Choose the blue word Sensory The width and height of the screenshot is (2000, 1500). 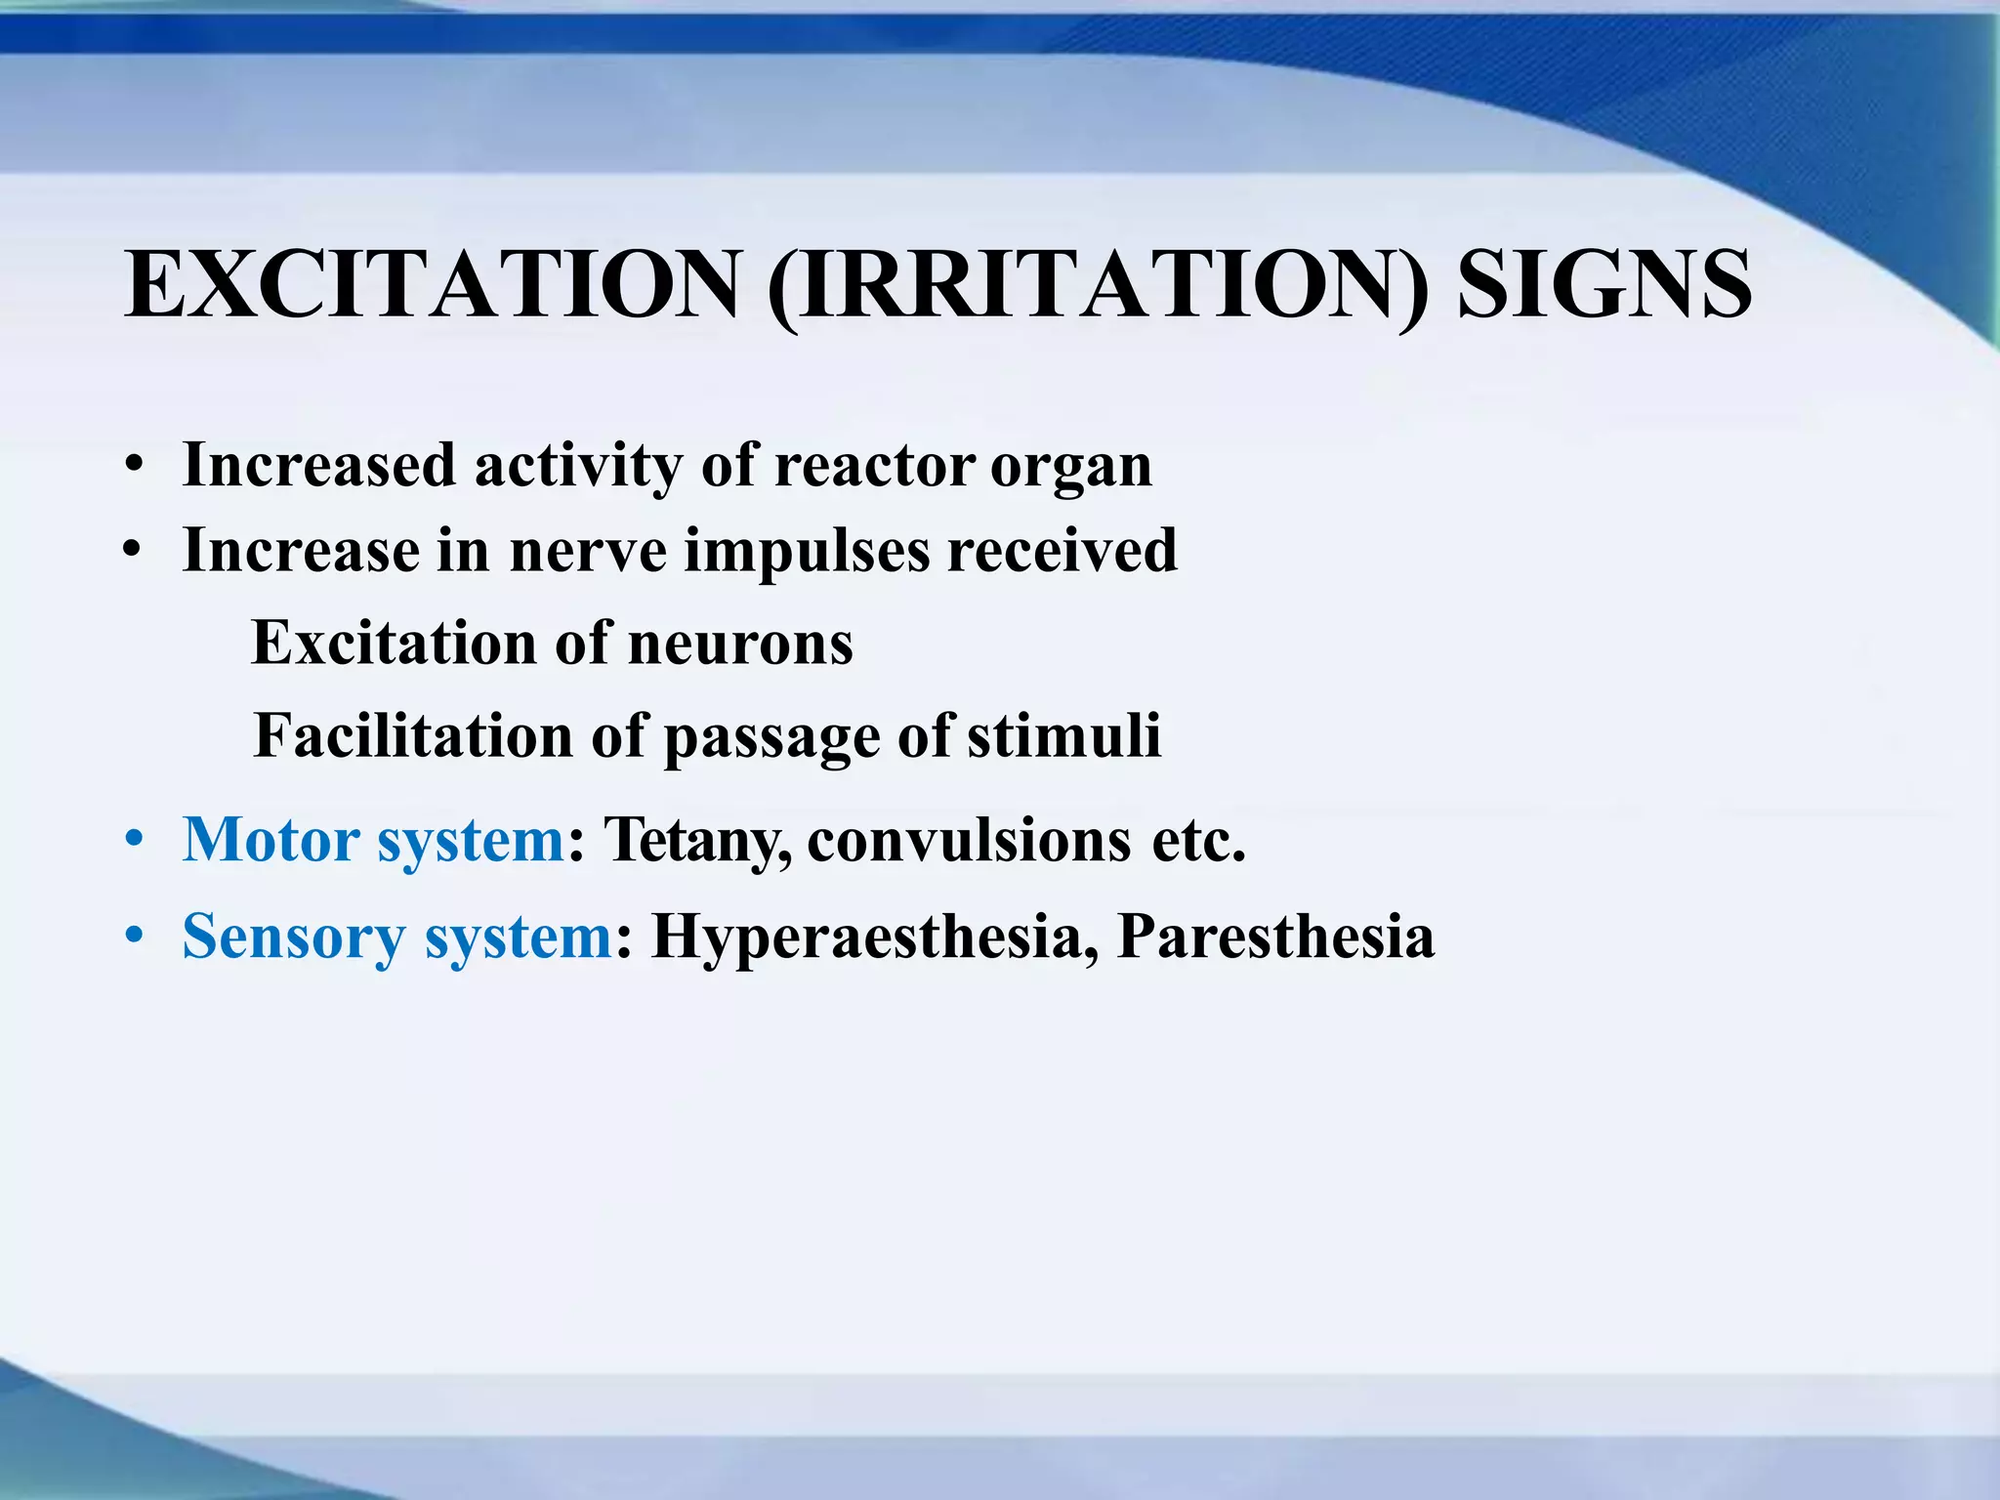[x=292, y=937]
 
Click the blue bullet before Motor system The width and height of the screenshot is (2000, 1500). [x=135, y=840]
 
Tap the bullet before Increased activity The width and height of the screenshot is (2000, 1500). [x=135, y=466]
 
